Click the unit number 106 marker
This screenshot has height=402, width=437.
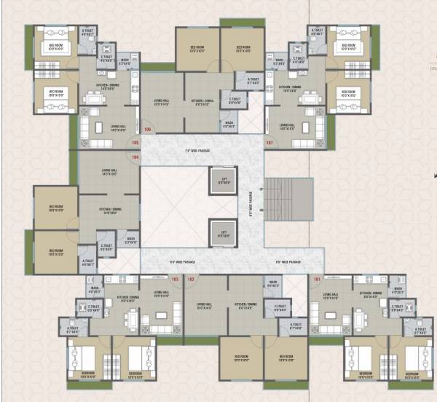coord(148,130)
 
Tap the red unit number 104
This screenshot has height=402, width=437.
coord(135,154)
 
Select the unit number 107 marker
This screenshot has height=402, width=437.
coord(269,143)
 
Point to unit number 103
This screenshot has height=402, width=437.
coord(175,278)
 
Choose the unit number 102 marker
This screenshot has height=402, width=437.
coord(191,278)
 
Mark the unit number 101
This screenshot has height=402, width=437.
coord(316,278)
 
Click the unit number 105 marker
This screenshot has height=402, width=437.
coord(135,143)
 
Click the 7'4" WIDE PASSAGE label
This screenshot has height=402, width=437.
coord(197,151)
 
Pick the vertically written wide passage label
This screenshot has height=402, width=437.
coord(251,196)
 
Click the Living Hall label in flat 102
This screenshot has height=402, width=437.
coord(203,306)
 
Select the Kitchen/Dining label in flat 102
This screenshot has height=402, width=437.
coord(243,306)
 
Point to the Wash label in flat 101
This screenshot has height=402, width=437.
coord(398,288)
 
